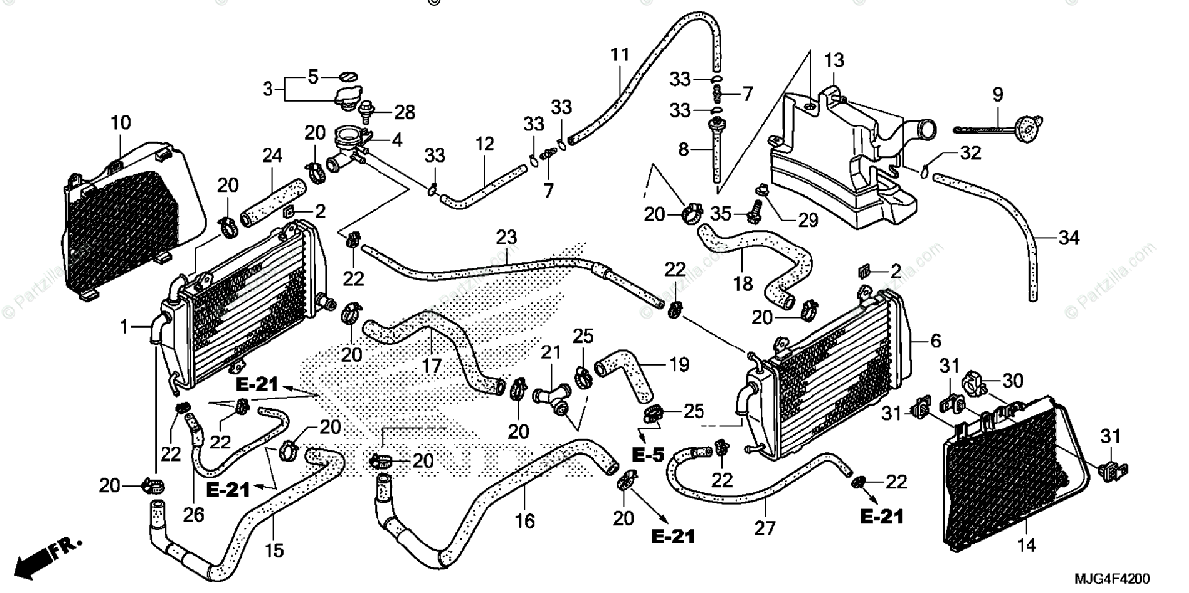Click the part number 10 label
tap(121, 123)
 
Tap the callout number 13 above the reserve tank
tap(834, 61)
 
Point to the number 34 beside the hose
tap(1068, 237)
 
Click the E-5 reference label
tap(648, 455)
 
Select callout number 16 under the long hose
tap(524, 521)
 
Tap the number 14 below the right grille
tap(1026, 544)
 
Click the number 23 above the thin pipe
tap(507, 237)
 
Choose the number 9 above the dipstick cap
tap(998, 95)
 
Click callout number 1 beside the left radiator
tap(124, 327)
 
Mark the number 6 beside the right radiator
tap(935, 341)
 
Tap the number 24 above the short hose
tap(272, 156)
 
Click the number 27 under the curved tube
tap(765, 528)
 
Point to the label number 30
tap(1013, 380)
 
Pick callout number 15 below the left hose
tap(273, 551)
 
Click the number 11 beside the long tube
tap(620, 55)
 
